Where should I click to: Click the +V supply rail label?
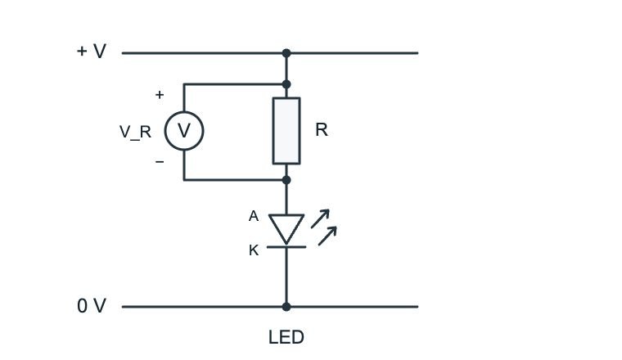[x=91, y=52]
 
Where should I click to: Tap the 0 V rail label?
[x=92, y=306]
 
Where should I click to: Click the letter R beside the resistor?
[x=322, y=129]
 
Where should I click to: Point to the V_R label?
[x=135, y=132]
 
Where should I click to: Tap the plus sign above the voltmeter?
[x=160, y=95]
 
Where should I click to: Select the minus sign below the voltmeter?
[x=160, y=161]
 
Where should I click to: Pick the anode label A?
[x=254, y=216]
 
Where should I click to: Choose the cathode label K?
[x=254, y=250]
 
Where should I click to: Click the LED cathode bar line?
[x=286, y=247]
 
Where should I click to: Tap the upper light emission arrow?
[x=320, y=218]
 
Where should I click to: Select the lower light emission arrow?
[x=327, y=236]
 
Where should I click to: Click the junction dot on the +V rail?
[x=286, y=52]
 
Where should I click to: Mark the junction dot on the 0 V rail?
[x=286, y=307]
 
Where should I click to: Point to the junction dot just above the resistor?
[x=286, y=84]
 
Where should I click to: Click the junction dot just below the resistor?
[x=286, y=180]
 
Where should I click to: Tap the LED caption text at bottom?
[x=286, y=337]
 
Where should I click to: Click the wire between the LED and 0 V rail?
[x=286, y=276]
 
